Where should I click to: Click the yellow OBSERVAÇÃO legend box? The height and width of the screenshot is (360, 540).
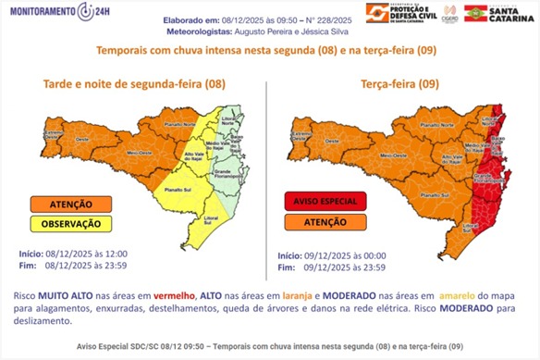(x=72, y=223)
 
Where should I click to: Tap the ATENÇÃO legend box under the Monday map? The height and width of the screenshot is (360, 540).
(x=72, y=203)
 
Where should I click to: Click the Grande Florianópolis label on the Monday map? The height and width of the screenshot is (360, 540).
(x=228, y=171)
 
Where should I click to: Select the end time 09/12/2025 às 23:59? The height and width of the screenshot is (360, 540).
(x=332, y=267)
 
